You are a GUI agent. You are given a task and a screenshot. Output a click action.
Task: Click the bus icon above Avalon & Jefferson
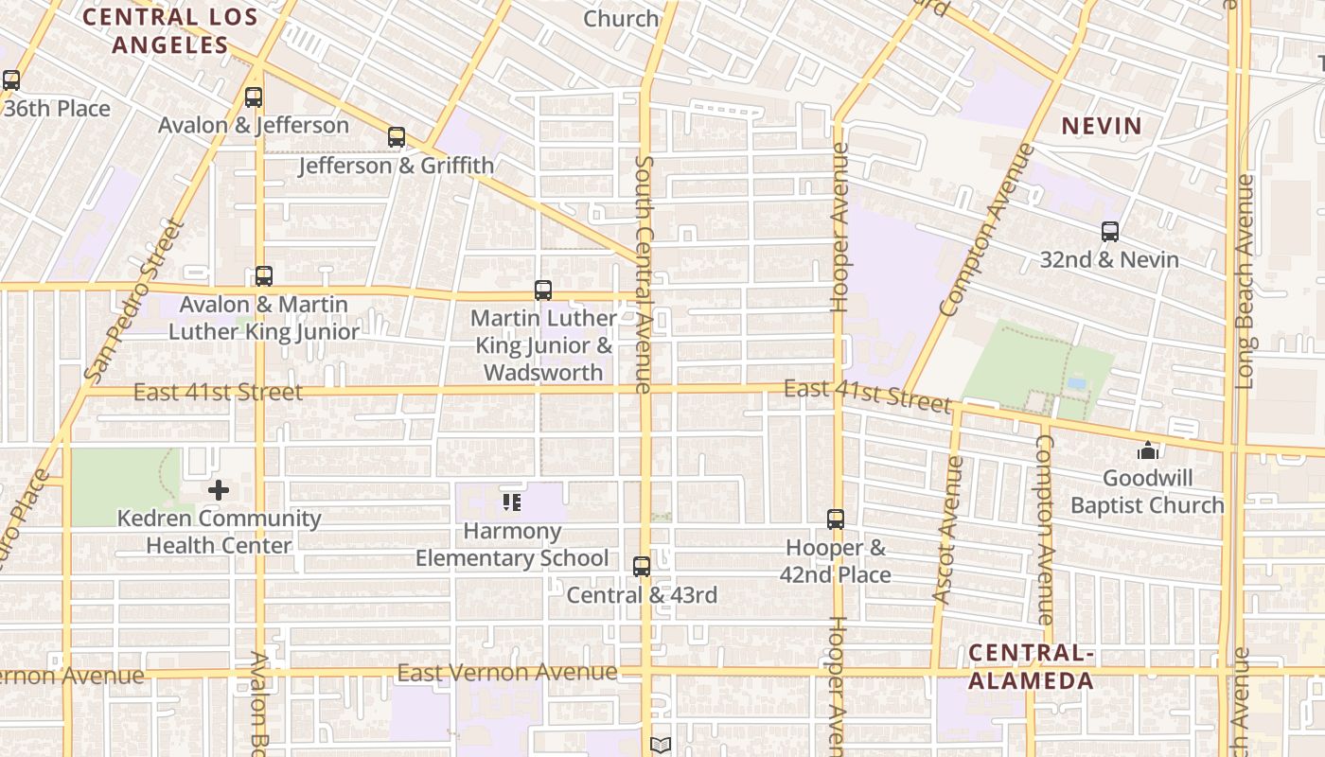coord(253,97)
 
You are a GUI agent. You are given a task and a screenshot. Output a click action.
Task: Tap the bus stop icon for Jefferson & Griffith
coord(397,137)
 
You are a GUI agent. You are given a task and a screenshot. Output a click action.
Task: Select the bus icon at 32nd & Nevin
coord(1109,231)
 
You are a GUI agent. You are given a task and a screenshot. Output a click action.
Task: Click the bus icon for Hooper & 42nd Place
coord(836,519)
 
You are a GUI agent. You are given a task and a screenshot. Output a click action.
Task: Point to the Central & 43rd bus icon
coord(642,566)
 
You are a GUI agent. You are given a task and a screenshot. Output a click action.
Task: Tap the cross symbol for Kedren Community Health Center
coord(219,490)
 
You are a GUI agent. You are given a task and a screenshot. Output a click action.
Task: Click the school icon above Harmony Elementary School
coord(512,502)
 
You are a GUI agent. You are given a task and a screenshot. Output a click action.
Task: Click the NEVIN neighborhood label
coord(1101,126)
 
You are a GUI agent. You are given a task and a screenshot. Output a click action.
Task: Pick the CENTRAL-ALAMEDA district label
coord(1031,666)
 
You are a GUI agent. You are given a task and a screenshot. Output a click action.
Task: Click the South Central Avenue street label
coord(644,274)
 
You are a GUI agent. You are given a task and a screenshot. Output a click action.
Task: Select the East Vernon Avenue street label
coord(506,673)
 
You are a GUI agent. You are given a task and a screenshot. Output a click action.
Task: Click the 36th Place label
coord(57,109)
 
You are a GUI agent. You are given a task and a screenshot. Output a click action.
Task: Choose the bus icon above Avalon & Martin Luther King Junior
coord(264,276)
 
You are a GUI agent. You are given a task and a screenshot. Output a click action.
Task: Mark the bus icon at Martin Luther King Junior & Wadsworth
coord(543,290)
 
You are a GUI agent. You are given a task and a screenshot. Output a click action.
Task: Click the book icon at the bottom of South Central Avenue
coord(661,746)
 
